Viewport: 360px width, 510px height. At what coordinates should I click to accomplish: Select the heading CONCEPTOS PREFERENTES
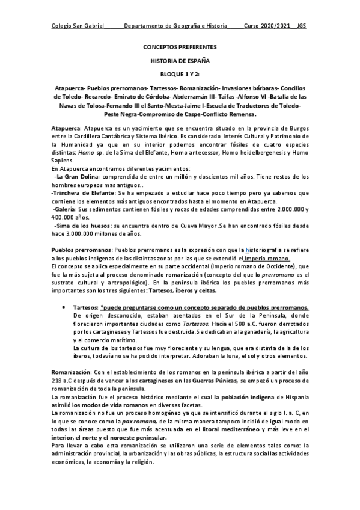click(x=180, y=46)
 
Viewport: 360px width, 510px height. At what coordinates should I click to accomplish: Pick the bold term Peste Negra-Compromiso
click(x=139, y=113)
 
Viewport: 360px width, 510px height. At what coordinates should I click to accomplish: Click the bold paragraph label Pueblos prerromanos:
click(x=81, y=249)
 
